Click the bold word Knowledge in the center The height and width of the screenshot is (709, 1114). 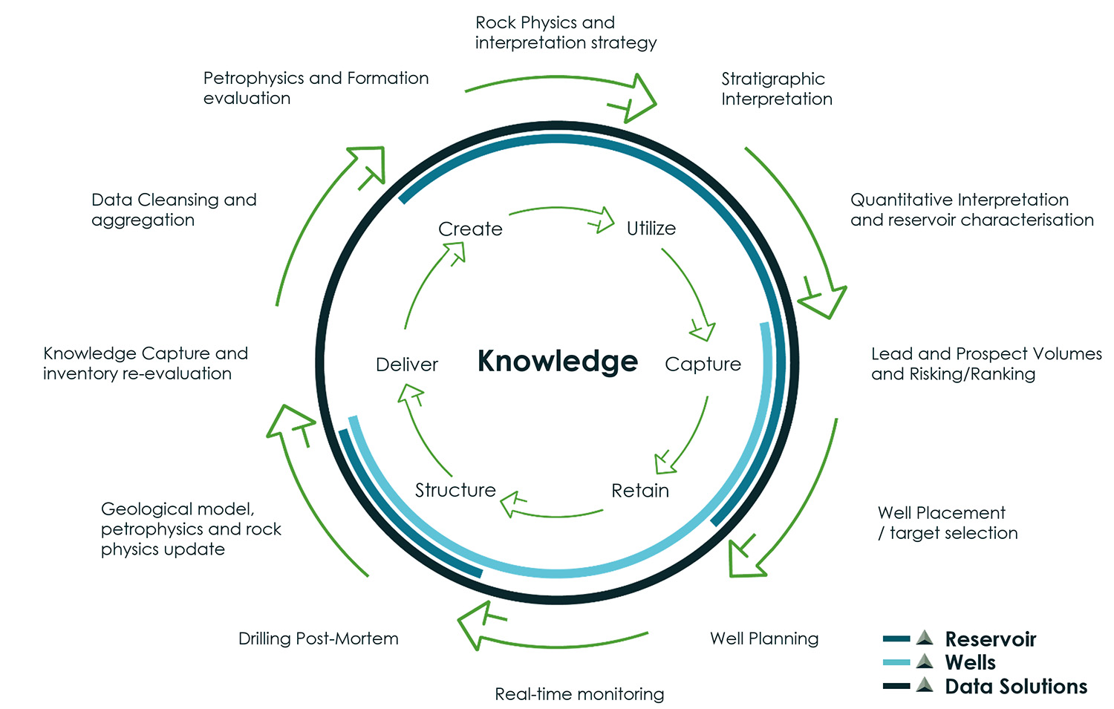coord(557,362)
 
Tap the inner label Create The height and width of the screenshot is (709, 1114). coord(470,229)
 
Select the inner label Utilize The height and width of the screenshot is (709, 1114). coord(651,229)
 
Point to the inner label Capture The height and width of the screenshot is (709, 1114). coord(703,364)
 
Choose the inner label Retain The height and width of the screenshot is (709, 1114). coord(640,491)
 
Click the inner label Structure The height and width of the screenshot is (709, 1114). coord(455,490)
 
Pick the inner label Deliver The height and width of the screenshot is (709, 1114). coord(407,365)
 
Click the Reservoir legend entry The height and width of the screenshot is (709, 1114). coord(990,639)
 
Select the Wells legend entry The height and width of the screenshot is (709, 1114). coord(970,662)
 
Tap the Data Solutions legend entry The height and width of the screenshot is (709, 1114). coord(1015,687)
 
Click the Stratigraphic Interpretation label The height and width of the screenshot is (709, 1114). coord(776,89)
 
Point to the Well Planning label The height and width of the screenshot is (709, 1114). coord(764,638)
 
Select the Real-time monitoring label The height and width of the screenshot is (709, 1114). coord(579,694)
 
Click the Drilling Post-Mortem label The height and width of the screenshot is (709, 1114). coord(318,638)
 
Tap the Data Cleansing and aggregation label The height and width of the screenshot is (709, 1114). coord(174,210)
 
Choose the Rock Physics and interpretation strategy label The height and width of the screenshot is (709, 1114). coord(565,33)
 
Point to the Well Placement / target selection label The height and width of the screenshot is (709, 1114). coord(947,523)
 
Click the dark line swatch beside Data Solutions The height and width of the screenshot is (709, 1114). coord(896,686)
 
